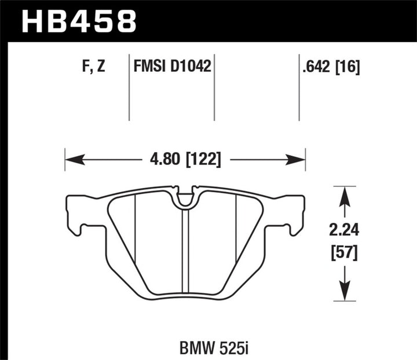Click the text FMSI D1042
point(171,68)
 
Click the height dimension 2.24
point(346,231)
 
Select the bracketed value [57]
point(346,252)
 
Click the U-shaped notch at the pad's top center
point(185,199)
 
